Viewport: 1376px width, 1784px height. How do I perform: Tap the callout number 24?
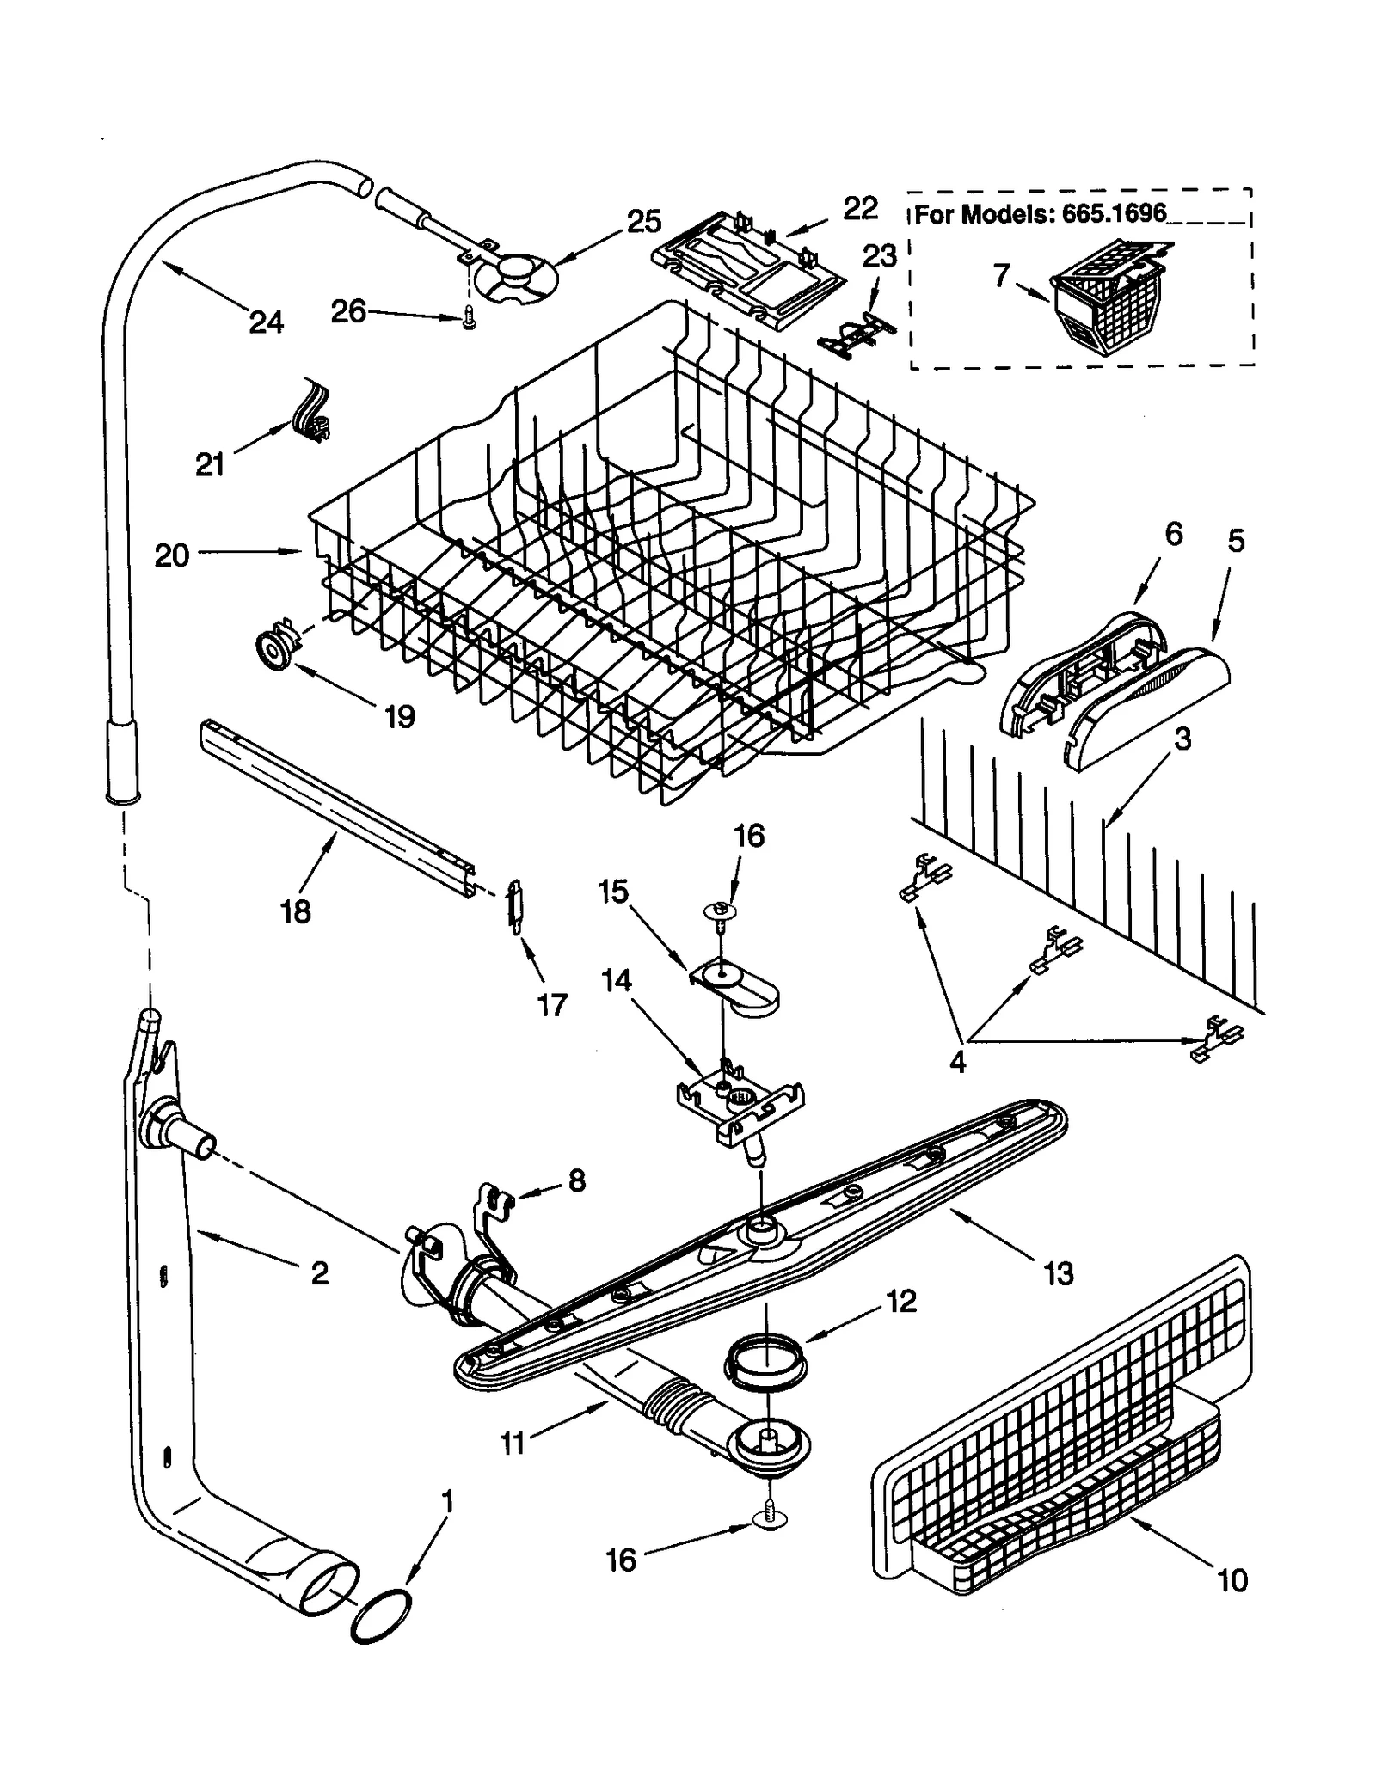coord(266,322)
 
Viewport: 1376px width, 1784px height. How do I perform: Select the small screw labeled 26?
coord(469,319)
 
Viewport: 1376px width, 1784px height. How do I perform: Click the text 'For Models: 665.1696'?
coord(1039,214)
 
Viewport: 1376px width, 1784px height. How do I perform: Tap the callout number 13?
coord(1058,1272)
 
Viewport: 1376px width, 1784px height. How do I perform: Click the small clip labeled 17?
coord(515,904)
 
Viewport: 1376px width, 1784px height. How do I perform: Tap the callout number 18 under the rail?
coord(295,912)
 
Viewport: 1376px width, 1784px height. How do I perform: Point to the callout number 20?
coord(171,555)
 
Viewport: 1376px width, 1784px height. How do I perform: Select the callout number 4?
coord(957,1062)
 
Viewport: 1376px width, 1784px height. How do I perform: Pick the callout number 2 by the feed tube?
coord(319,1273)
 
